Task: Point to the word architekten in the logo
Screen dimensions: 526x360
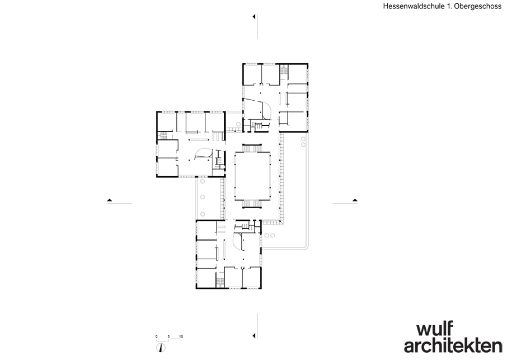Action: coord(453,345)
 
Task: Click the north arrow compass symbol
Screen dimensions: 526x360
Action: coord(161,348)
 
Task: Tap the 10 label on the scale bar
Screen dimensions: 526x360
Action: coord(181,336)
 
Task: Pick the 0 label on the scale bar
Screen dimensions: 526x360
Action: coord(156,336)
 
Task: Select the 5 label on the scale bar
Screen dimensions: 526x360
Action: coord(169,336)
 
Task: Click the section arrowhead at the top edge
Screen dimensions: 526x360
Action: coord(254,16)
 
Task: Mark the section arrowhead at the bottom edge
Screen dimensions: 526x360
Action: coord(254,335)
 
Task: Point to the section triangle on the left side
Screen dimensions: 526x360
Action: coord(109,200)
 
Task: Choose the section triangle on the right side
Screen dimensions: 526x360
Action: coord(355,200)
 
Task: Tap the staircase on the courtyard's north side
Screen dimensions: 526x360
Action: coord(252,148)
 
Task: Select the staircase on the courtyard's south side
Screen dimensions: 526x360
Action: coord(252,204)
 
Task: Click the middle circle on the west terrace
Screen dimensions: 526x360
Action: coord(202,197)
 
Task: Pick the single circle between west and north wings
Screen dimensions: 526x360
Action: coord(238,124)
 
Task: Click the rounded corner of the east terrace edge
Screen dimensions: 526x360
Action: coord(307,247)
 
